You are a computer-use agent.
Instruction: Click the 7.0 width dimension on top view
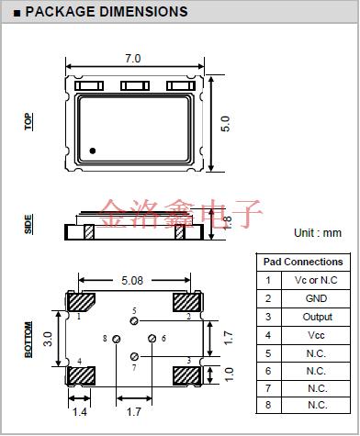tap(132, 58)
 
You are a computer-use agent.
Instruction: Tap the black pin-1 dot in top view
tap(93, 150)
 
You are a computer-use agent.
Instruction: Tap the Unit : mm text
tap(318, 233)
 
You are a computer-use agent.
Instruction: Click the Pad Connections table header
tap(302, 262)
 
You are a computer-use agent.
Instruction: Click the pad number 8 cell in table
tap(268, 405)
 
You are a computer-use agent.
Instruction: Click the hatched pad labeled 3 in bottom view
tap(186, 375)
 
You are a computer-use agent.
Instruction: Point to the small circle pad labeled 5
tap(134, 321)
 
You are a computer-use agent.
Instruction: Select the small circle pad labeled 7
tap(134, 355)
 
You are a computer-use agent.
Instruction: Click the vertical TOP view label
tap(28, 121)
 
